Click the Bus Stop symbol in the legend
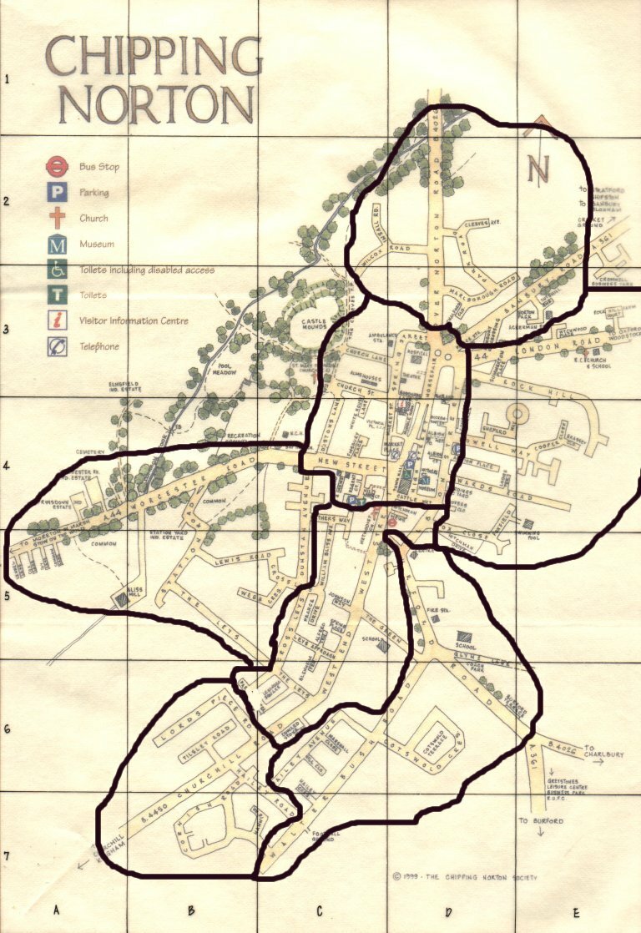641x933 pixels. [58, 166]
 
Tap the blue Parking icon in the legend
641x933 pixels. [58, 193]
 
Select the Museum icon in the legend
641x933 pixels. [58, 245]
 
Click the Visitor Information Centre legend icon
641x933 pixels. [58, 320]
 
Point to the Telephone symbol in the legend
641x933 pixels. [58, 346]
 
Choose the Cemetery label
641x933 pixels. [91, 452]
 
